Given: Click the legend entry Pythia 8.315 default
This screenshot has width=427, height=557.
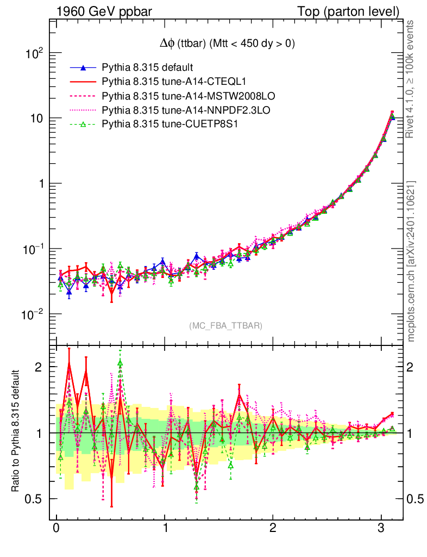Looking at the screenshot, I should point(147,68).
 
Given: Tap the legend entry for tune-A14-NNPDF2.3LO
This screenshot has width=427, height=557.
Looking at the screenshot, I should point(186,110).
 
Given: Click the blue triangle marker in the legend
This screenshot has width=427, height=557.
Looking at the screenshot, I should point(83,68).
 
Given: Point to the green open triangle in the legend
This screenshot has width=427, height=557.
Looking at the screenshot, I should point(83,125).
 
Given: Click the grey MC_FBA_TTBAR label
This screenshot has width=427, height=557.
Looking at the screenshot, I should point(226,326).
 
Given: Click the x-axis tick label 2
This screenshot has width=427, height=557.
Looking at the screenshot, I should point(273,528).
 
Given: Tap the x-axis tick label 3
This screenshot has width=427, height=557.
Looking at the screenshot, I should point(381,528).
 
